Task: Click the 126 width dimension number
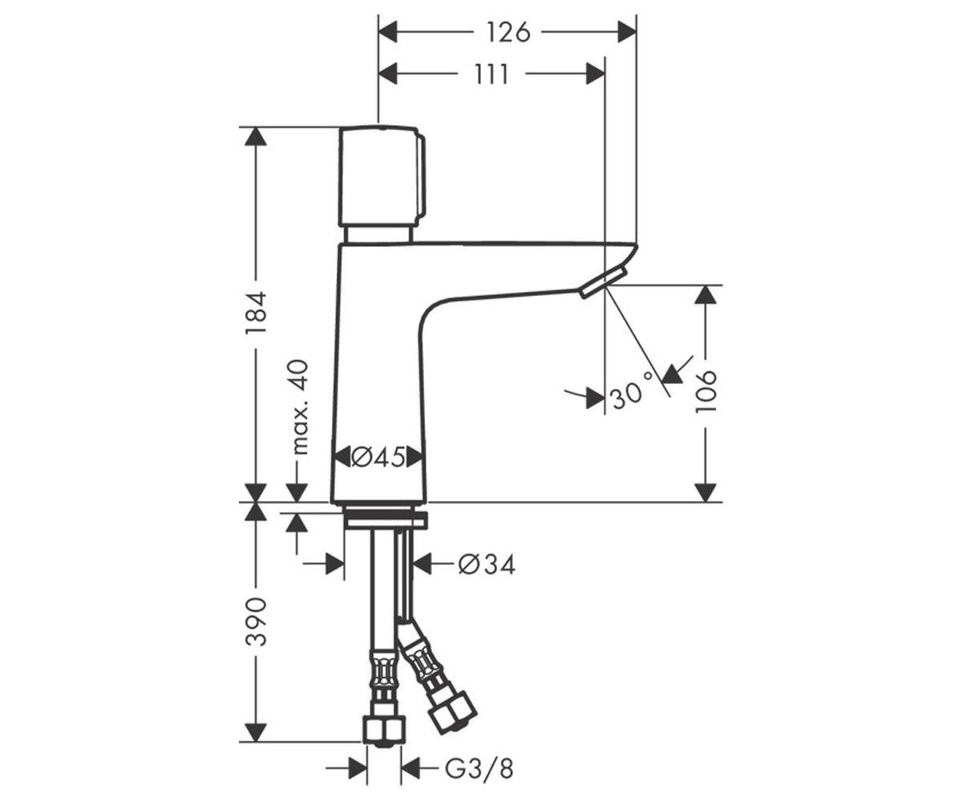point(507,33)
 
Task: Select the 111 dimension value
point(491,75)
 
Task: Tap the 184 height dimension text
point(257,314)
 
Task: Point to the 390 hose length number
point(257,622)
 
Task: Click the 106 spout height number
point(705,391)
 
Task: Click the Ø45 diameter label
point(378,458)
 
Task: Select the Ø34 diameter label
point(487,564)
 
